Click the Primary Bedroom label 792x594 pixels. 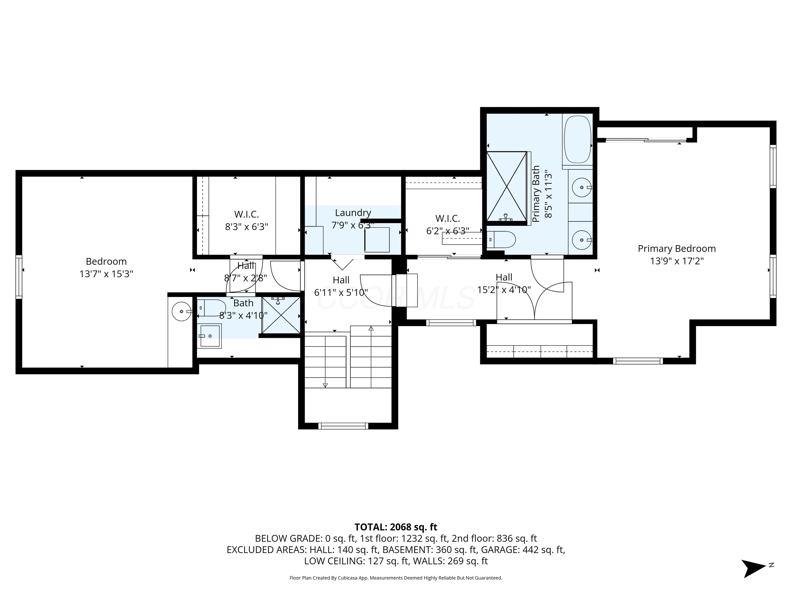click(x=677, y=248)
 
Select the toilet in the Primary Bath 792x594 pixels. click(x=501, y=240)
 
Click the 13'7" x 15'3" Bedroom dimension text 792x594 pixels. click(x=106, y=274)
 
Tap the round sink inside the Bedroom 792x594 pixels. click(x=182, y=312)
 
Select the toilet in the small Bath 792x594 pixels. click(x=212, y=308)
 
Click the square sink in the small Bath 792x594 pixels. click(x=210, y=336)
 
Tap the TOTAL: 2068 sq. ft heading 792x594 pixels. click(x=396, y=527)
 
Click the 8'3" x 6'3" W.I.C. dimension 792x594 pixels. click(x=247, y=227)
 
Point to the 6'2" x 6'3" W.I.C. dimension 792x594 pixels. click(x=447, y=231)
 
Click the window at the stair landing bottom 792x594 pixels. click(x=343, y=426)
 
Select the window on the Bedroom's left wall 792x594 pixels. click(x=19, y=277)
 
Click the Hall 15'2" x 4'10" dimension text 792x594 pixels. click(x=504, y=290)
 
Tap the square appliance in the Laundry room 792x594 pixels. click(x=377, y=240)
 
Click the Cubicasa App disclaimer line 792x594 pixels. click(x=396, y=578)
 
